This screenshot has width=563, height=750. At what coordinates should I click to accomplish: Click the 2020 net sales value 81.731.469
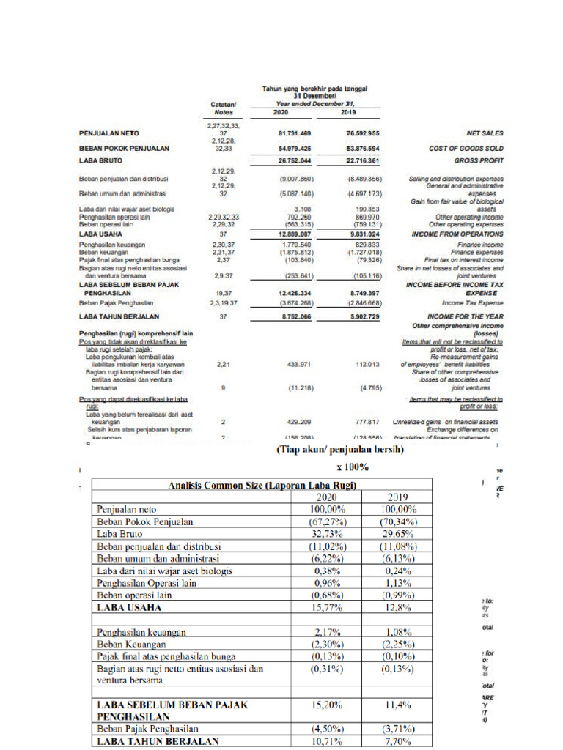pos(295,133)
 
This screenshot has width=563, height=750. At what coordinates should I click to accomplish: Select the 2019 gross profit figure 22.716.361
pos(358,160)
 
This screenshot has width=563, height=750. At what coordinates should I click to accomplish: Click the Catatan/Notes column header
pos(223,108)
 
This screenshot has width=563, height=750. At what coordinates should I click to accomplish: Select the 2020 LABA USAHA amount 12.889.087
pos(295,233)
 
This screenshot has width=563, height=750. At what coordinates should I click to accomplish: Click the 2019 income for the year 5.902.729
pos(358,316)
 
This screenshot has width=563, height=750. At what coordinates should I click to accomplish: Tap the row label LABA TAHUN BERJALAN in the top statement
pos(119,316)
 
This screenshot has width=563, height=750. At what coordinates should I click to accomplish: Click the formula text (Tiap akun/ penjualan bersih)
pos(339,450)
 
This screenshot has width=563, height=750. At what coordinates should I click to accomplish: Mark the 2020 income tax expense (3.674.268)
pos(295,302)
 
